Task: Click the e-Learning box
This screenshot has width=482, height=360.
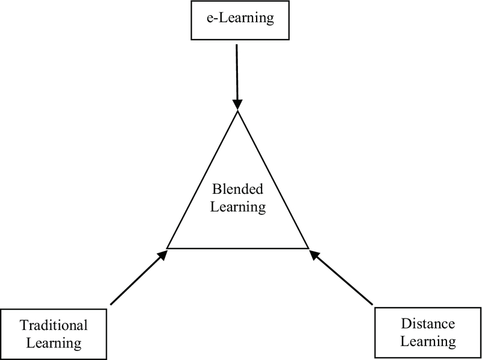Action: (x=239, y=20)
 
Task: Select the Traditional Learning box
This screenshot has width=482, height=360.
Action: (x=54, y=334)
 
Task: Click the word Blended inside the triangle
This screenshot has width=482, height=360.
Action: (x=239, y=190)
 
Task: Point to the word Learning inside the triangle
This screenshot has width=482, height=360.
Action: (x=239, y=208)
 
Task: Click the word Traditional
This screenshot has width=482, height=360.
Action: (x=54, y=326)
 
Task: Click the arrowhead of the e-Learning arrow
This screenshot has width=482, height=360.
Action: (x=239, y=104)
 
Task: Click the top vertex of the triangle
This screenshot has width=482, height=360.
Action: (x=239, y=112)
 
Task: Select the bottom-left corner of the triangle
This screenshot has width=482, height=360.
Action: (x=167, y=247)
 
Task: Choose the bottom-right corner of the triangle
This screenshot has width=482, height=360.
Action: (x=309, y=247)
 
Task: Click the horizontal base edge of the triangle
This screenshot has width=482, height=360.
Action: (x=239, y=248)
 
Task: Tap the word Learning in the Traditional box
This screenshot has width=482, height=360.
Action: (x=54, y=344)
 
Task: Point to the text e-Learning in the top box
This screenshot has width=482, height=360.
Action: (x=239, y=20)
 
